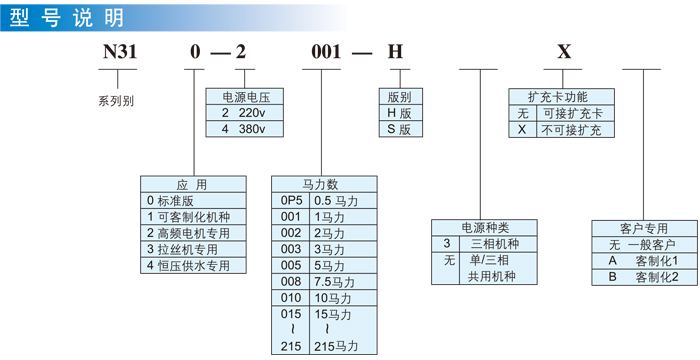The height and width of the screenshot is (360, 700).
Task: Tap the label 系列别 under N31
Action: pos(116,101)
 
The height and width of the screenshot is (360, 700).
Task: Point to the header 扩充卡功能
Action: pos(557,97)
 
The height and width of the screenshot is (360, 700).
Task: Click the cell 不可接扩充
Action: pos(571,129)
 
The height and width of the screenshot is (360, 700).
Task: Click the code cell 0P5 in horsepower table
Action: pos(290,200)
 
